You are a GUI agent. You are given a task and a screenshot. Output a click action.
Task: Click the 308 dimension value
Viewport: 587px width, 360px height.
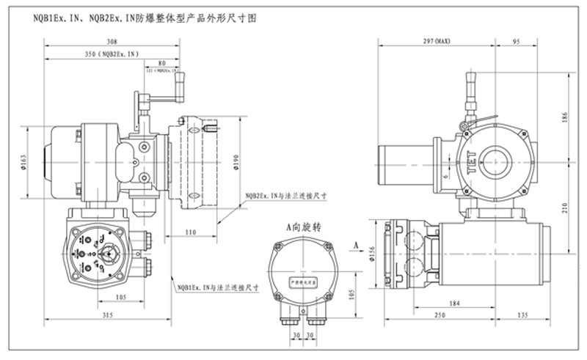(112, 42)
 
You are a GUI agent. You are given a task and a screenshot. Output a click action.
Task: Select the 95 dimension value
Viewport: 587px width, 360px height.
(516, 42)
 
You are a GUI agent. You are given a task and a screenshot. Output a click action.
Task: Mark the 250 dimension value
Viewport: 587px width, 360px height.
(438, 315)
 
